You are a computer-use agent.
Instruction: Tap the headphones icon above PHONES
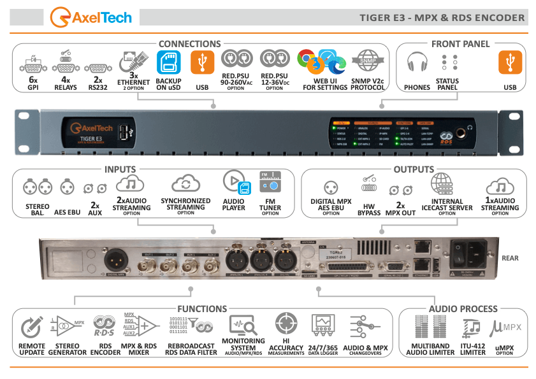point(417,62)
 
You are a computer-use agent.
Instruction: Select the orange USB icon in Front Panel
point(510,62)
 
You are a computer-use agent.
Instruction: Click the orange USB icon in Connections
point(202,62)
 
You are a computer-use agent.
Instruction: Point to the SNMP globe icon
point(368,62)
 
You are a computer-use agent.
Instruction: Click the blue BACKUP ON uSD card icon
point(168,62)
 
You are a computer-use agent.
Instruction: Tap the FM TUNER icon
point(270,185)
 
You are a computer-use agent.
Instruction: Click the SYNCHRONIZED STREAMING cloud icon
point(185,185)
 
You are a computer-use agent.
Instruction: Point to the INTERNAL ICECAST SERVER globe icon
point(441,185)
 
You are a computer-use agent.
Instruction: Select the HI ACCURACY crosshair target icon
point(286,324)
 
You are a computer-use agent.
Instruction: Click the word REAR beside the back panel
point(510,258)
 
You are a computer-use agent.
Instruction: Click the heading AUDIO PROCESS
point(463,309)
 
